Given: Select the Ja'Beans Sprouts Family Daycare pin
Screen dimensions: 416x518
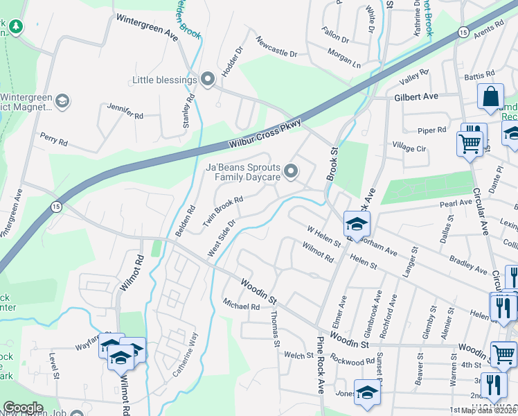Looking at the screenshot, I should pos(292,171).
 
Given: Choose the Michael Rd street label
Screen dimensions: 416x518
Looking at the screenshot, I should pos(240,306).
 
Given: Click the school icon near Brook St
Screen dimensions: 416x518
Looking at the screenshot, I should pos(357,223).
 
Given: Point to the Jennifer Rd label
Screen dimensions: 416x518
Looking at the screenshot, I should pos(125,111).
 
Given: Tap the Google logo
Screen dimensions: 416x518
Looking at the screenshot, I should pos(23,408).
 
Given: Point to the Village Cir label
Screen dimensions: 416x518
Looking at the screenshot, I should pos(409,148).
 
